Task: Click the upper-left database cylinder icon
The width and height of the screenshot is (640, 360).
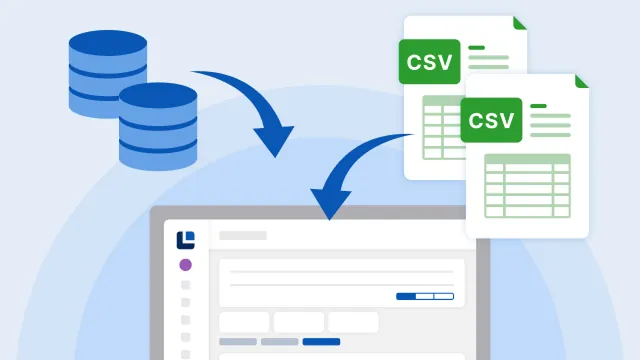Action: [107, 70]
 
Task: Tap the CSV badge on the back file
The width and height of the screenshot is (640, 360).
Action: [430, 61]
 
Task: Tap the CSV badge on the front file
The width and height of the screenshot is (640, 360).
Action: [492, 120]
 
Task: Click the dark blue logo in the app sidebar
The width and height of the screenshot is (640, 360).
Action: [185, 239]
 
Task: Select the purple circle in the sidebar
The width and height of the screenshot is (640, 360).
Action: [185, 265]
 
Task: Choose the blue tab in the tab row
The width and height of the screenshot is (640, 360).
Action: [321, 341]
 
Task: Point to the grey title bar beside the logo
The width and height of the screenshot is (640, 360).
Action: [243, 236]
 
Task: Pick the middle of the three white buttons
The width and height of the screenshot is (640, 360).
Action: [299, 322]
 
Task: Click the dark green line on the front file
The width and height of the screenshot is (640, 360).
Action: [538, 106]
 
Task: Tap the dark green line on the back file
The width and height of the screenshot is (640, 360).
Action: [476, 46]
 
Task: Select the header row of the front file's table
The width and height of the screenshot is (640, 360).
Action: [527, 159]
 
